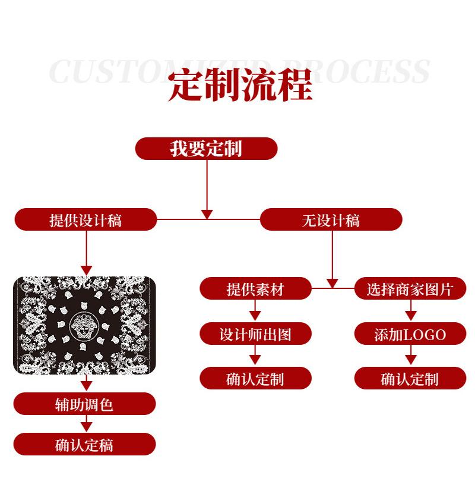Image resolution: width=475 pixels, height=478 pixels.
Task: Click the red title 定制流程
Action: click(240, 87)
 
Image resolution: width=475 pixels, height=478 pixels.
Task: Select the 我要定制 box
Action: click(206, 149)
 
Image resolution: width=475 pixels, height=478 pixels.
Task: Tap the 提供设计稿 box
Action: click(85, 220)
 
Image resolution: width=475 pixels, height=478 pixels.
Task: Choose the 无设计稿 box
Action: click(331, 220)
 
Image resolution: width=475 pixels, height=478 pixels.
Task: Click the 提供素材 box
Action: click(255, 289)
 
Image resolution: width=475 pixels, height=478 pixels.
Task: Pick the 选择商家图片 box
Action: click(410, 289)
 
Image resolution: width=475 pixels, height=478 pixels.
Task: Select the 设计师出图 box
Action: click(255, 334)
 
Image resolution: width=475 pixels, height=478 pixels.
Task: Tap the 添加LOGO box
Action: click(410, 334)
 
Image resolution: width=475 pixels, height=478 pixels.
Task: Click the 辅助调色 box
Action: click(84, 404)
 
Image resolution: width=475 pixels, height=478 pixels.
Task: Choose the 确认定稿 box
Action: click(84, 444)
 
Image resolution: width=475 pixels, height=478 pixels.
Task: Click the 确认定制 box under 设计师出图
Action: click(255, 378)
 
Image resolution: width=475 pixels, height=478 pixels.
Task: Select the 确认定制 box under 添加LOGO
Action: click(410, 378)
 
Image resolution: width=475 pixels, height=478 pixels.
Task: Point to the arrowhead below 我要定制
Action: click(207, 213)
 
